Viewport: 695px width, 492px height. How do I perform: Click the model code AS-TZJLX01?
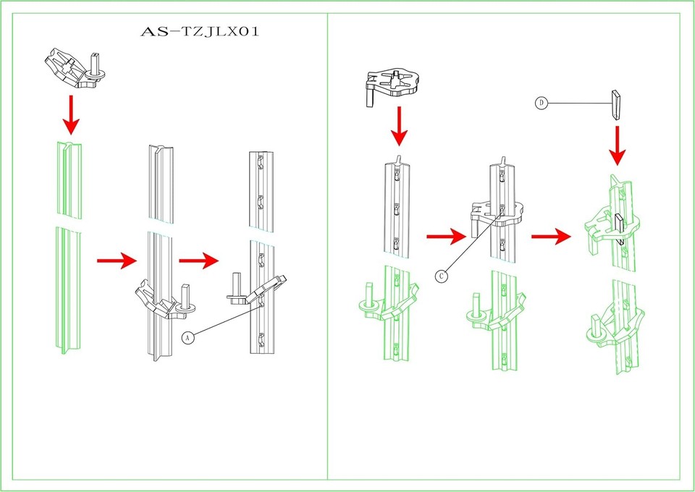pyautogui.click(x=199, y=33)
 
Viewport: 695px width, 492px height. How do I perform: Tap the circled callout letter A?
pyautogui.click(x=188, y=338)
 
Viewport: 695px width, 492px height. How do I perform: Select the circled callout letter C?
pyautogui.click(x=441, y=276)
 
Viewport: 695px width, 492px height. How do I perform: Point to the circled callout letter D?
pyautogui.click(x=541, y=103)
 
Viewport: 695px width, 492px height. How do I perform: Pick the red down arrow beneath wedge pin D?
pyautogui.click(x=617, y=145)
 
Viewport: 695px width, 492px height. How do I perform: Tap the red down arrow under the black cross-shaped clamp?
pyautogui.click(x=399, y=126)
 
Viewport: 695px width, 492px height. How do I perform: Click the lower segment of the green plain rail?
pyautogui.click(x=69, y=289)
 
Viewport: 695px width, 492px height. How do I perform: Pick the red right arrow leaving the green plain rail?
pyautogui.click(x=117, y=260)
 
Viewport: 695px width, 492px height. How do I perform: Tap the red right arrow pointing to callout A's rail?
pyautogui.click(x=199, y=260)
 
